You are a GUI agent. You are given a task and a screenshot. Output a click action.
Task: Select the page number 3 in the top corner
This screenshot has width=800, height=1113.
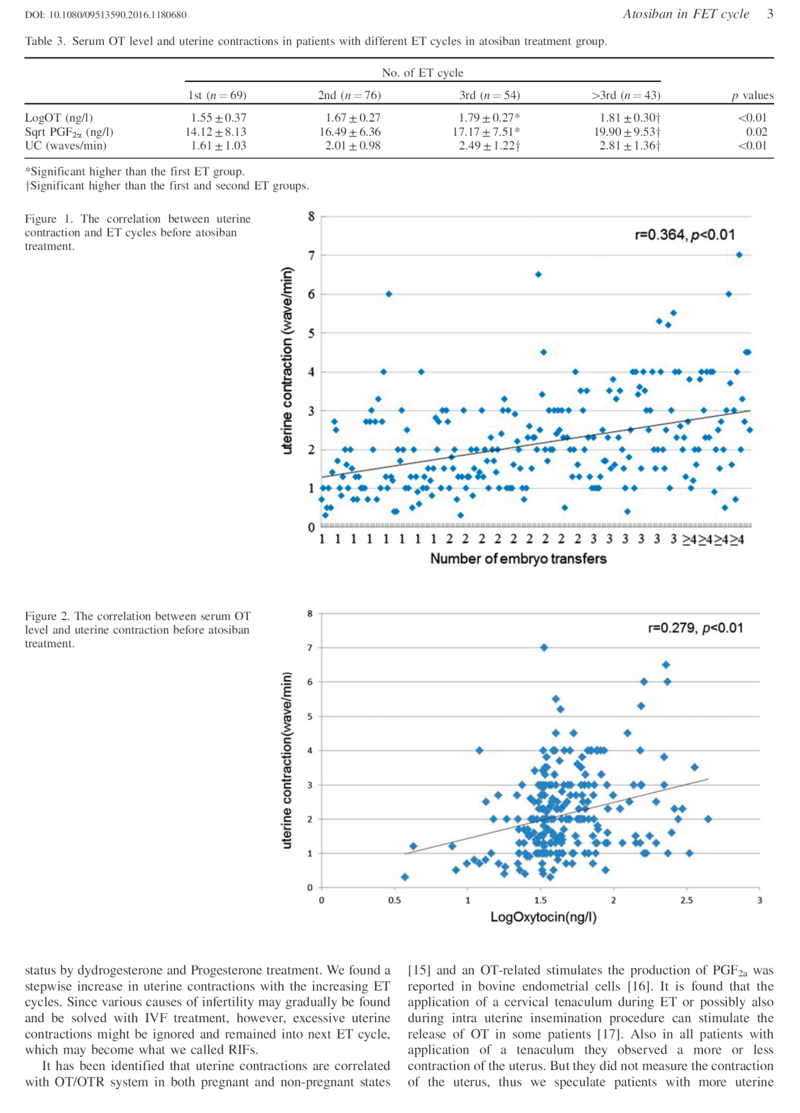770,14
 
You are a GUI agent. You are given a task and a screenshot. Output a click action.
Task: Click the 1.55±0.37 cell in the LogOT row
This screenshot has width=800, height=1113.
218,118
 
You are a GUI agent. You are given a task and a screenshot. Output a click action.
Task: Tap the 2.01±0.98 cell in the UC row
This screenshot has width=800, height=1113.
352,146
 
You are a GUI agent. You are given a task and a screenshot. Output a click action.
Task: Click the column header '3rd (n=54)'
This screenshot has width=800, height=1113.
489,95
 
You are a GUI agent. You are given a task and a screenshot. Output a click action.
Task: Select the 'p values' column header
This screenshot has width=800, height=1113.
752,95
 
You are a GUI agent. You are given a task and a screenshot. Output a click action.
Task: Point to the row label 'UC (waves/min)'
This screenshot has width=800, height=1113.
66,146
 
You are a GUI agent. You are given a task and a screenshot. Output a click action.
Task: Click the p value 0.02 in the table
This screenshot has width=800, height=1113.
757,132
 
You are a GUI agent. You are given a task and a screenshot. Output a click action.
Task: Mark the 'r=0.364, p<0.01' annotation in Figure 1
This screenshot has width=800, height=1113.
684,235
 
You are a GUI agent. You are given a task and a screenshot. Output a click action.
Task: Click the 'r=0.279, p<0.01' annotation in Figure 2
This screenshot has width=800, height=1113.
695,628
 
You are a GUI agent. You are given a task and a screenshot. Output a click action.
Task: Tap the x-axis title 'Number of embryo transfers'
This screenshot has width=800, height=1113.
518,558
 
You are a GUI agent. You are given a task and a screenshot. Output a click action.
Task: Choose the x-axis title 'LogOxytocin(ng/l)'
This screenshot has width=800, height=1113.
543,917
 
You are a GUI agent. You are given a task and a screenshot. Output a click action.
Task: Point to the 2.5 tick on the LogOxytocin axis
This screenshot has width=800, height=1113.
687,900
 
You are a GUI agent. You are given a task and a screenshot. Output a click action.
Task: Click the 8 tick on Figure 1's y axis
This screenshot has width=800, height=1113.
311,216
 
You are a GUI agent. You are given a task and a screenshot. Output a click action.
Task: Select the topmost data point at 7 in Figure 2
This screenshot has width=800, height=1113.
544,647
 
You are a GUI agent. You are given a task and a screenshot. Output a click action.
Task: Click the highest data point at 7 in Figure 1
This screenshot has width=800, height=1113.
739,255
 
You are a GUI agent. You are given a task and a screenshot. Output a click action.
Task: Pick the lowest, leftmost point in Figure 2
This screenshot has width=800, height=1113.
405,877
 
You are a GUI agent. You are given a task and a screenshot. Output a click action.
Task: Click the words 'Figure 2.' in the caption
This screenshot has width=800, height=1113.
48,616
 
